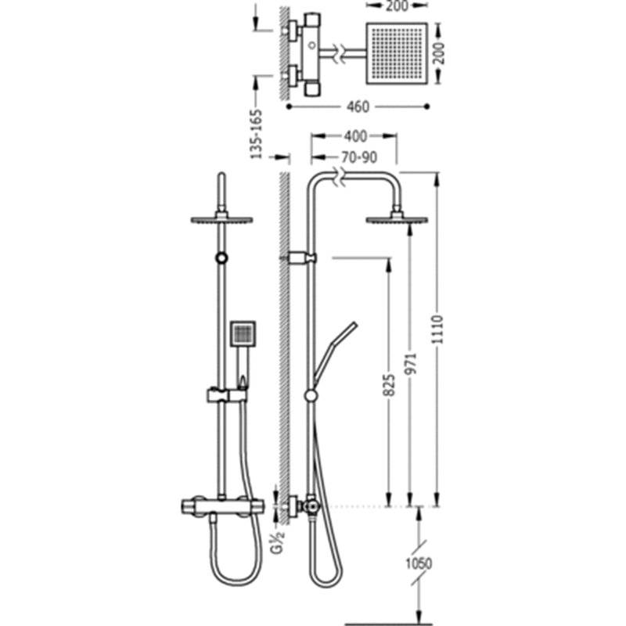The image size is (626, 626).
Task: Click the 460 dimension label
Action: (358, 106)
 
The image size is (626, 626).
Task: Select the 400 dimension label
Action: (355, 136)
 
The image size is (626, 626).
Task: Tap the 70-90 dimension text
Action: (359, 157)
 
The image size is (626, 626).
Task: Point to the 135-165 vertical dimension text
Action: (257, 134)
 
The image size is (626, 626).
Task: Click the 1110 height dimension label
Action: (438, 329)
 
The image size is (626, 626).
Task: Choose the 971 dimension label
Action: (411, 363)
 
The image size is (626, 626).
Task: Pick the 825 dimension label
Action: (388, 385)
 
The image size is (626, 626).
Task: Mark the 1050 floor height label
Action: (419, 563)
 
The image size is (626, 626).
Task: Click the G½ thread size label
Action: (278, 542)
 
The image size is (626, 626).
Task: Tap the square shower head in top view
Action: (397, 53)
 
